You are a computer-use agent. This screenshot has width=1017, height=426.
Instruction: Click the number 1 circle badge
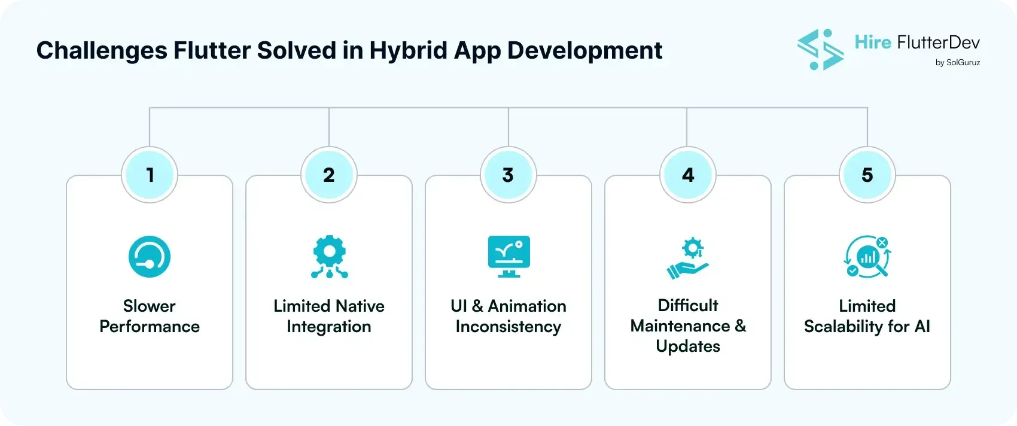tap(150, 175)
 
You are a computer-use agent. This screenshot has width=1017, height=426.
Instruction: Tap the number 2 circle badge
tap(329, 175)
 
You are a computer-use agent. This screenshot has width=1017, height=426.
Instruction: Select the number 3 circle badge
tap(508, 175)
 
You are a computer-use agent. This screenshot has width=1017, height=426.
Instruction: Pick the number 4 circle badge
tap(688, 175)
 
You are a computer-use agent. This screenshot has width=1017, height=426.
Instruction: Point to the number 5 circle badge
tap(867, 175)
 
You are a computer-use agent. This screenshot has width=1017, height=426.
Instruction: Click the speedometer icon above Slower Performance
tap(150, 257)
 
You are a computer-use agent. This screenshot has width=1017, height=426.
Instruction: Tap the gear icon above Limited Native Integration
tap(329, 257)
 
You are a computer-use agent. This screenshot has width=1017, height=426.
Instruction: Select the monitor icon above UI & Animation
tap(508, 257)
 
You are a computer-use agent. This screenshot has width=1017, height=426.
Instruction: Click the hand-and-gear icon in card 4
tap(688, 258)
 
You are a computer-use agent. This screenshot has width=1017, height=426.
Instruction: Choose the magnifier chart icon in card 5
tap(867, 257)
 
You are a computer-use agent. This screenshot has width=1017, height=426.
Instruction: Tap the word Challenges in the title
tap(102, 50)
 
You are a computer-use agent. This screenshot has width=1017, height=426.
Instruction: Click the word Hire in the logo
tap(873, 42)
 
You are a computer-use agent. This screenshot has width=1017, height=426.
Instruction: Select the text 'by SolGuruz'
tap(957, 62)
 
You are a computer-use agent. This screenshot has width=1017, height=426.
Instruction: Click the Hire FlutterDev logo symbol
tap(820, 50)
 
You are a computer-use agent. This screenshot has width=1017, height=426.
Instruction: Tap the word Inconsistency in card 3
tap(508, 327)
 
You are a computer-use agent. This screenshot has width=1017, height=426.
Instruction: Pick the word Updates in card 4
tap(688, 346)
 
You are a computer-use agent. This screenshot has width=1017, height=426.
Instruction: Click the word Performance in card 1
tap(150, 327)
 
